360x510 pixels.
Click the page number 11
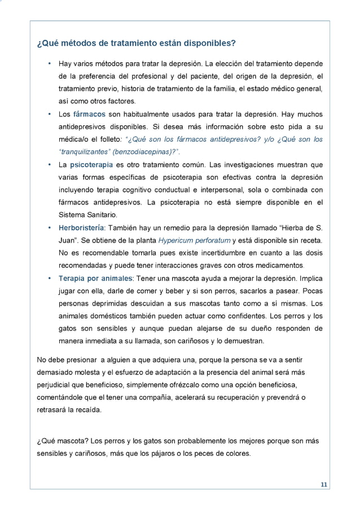(x=324, y=485)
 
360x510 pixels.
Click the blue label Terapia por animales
(x=95, y=278)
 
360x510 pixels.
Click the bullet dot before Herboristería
(x=50, y=228)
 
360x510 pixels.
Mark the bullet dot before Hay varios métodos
(x=50, y=63)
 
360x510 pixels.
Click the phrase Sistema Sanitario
(x=86, y=215)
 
